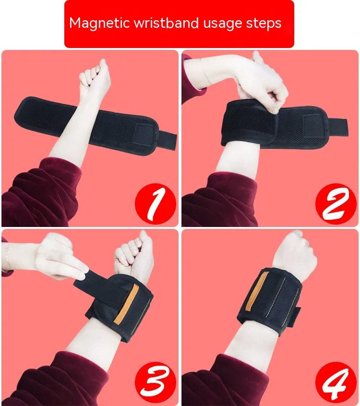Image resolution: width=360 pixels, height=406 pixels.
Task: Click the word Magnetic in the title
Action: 100,24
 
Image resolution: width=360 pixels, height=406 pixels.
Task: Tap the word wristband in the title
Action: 166,23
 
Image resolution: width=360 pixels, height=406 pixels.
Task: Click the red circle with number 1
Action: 156,204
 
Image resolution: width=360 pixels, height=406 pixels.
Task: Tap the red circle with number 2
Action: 336,204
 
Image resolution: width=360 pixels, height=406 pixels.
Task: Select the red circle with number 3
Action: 156,382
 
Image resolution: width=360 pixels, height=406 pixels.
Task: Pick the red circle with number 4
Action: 336,382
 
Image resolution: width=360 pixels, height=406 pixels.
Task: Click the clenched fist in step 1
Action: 95,76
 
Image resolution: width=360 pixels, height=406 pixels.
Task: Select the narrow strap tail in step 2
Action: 338,127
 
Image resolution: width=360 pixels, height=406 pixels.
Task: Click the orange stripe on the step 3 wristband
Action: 126,304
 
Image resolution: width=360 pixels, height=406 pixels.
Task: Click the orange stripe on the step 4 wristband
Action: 257,291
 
